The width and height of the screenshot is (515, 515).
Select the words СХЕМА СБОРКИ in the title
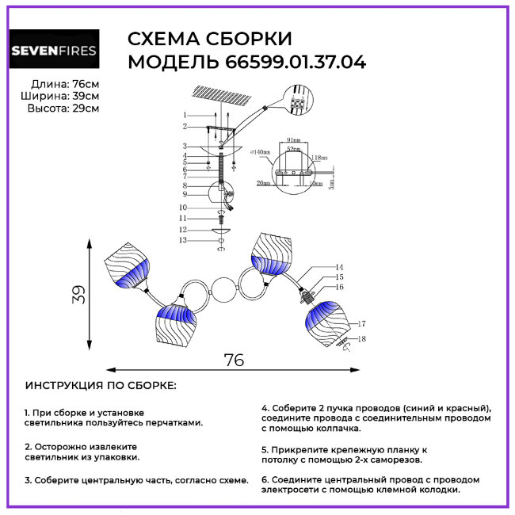click(x=209, y=40)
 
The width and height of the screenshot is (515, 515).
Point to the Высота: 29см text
click(x=63, y=109)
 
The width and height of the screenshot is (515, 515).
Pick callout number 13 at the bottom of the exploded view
click(x=183, y=239)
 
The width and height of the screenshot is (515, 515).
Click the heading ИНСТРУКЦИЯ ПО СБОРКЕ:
click(x=101, y=385)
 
